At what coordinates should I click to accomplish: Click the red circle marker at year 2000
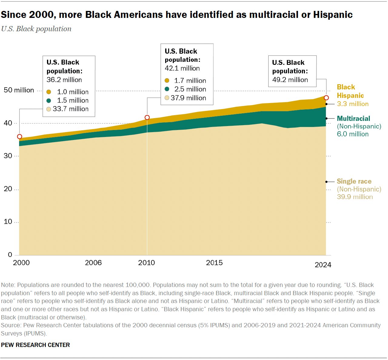19,137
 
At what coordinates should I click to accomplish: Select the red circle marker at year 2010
147,118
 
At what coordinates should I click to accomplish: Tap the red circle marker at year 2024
326,98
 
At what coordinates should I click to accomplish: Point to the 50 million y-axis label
19,90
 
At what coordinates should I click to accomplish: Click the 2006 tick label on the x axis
93,263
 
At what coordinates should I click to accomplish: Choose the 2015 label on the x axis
214,263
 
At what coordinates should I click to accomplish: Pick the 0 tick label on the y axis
10,255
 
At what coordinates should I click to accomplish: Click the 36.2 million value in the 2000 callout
64,80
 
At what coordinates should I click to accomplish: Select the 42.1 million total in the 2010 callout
182,68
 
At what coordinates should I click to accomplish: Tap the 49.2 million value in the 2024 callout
290,80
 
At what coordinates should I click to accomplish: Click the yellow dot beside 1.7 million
167,81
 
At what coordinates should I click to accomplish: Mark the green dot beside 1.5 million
48,100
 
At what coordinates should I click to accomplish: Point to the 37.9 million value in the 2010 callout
188,98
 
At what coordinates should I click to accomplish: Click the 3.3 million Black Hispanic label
353,104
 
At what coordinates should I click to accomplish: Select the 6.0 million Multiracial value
353,134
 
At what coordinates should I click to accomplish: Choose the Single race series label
354,181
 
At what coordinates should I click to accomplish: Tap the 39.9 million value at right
355,197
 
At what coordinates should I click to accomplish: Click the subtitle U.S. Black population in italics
36,29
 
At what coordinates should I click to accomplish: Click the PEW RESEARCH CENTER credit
35,345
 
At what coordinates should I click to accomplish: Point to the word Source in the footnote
10,325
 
